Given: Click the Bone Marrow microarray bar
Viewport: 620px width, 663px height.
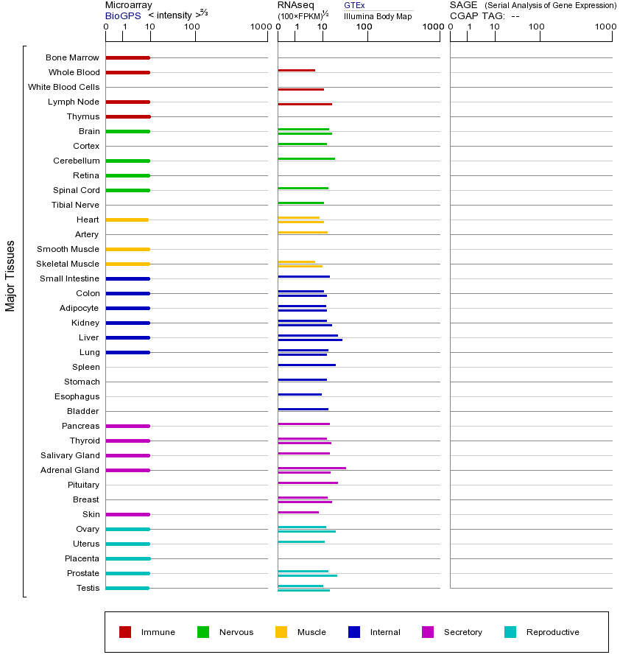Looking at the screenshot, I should point(127,57).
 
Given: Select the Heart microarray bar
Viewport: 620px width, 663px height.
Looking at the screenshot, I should point(127,220).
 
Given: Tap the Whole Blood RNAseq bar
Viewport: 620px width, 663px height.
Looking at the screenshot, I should point(296,70).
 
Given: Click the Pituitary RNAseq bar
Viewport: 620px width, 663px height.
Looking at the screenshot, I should point(308,483).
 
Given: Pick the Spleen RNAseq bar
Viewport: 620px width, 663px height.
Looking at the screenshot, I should point(306,365).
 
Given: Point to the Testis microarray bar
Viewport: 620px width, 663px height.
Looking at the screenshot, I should point(127,588).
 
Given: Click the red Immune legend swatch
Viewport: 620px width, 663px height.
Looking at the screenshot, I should point(125,632).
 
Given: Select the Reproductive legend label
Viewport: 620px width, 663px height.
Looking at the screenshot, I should point(552,632).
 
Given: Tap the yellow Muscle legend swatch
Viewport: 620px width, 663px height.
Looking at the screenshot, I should point(281,632).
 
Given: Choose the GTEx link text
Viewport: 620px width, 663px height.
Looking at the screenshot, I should point(354,5).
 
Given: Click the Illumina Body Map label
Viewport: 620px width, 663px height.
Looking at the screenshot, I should point(378,15).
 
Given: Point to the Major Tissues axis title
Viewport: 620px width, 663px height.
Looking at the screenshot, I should point(10,276).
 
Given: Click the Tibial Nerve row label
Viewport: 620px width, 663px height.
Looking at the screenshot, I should point(75,205).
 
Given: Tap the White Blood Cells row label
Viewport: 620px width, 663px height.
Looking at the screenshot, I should point(63,87).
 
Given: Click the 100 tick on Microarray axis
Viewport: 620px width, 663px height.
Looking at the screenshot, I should point(192,27).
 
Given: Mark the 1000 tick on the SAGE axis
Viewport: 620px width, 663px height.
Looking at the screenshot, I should point(605,27).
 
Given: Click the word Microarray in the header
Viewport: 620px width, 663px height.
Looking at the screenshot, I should point(129,5).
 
